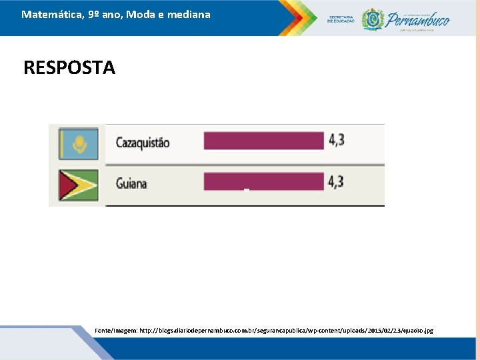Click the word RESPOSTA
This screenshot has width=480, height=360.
tap(69, 68)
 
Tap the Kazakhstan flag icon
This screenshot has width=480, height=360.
tap(79, 143)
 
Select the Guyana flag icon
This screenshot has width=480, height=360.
tap(79, 185)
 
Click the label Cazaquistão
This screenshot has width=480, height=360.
tap(143, 143)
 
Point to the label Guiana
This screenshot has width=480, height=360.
tap(131, 184)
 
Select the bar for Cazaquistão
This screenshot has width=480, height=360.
tap(264, 141)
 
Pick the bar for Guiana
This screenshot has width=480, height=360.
tap(264, 181)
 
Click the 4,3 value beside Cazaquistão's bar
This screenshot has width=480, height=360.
tap(336, 140)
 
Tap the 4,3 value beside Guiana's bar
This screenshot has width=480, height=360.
tap(336, 181)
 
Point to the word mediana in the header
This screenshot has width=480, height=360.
tap(188, 14)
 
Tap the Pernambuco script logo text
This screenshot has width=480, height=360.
tap(418, 19)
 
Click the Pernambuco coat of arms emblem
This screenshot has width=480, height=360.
tap(372, 19)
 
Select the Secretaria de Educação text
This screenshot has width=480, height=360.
tap(341, 19)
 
